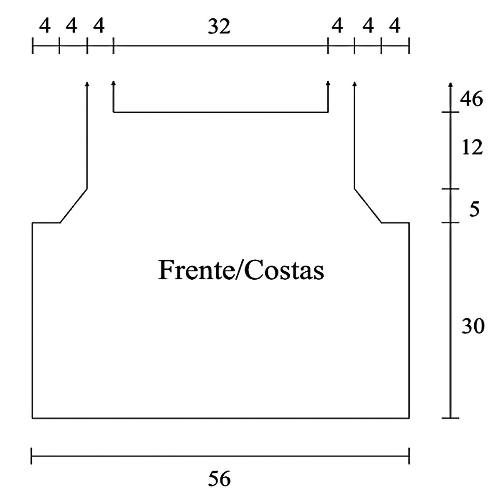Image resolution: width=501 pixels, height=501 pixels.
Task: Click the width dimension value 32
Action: [219, 27]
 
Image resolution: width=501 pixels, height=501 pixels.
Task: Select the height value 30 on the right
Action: [473, 326]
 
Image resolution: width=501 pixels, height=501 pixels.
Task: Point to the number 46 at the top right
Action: [471, 99]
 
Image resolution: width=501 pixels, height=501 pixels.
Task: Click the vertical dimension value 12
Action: [472, 147]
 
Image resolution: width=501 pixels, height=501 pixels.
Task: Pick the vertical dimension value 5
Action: [474, 209]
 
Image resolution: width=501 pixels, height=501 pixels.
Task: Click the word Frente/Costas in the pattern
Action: [241, 270]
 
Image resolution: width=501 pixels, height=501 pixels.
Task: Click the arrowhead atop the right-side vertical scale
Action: [450, 85]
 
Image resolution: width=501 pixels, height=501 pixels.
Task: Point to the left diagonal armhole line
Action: [74, 206]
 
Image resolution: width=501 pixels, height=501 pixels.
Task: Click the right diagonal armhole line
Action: [368, 206]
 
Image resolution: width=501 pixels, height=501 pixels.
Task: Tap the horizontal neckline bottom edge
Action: [220, 112]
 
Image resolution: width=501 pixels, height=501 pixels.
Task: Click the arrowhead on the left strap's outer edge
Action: [87, 84]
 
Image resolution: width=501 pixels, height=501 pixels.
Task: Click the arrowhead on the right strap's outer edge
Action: [354, 84]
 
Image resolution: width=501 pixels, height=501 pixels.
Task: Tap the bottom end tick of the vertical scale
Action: [450, 417]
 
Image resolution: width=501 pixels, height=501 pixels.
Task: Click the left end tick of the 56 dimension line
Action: [32, 456]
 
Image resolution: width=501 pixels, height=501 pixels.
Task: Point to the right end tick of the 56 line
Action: [409, 456]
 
